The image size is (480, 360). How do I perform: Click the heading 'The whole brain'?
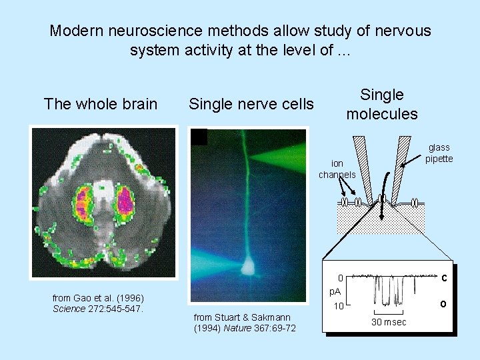coord(101,104)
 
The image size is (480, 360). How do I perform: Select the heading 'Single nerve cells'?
coord(251,104)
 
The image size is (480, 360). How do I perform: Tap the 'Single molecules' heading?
coord(382,104)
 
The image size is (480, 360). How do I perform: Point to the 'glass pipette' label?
coord(439,153)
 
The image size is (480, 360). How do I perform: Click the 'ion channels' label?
coord(337,169)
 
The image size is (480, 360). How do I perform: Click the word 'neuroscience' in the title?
coord(165,31)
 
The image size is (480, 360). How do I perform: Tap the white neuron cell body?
coord(249,266)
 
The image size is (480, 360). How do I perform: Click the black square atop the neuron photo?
coord(199,137)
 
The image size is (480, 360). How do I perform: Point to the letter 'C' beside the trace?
coord(443,277)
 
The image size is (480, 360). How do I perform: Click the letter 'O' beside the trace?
coord(443,304)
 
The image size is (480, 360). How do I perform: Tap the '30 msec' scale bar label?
coord(388,322)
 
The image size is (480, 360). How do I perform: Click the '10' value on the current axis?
coord(339,307)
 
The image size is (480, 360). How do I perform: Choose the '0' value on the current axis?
coord(340,277)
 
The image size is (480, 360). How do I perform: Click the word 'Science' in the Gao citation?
coord(69,309)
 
